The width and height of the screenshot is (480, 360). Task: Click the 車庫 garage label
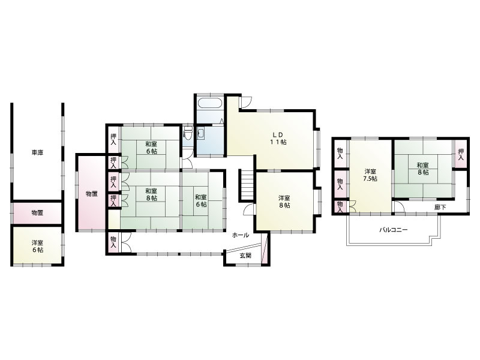point(37,152)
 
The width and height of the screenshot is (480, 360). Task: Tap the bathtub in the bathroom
point(209,103)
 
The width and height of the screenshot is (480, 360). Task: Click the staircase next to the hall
point(247,185)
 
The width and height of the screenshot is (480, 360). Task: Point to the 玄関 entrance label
point(245,256)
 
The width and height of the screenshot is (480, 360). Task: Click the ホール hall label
point(241,235)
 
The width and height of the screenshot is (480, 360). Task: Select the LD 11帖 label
point(278,139)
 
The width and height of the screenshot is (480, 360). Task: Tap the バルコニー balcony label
point(394,230)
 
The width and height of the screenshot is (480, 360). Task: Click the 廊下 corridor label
point(440,207)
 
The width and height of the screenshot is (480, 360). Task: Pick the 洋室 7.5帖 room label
point(370,175)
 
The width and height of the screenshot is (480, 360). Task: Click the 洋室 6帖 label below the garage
point(37,247)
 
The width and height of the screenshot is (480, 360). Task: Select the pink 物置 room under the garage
point(37,212)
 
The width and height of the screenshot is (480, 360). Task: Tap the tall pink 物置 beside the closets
point(92,193)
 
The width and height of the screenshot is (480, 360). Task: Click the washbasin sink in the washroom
point(201,134)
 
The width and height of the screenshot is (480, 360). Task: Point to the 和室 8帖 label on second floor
point(423,169)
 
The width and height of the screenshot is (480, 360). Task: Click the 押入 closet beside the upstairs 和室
point(461,154)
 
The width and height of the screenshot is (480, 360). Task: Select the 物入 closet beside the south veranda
point(113,242)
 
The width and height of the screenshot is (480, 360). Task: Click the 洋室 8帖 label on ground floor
point(284,202)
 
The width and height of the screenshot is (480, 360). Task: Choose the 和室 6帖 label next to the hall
point(201,200)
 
